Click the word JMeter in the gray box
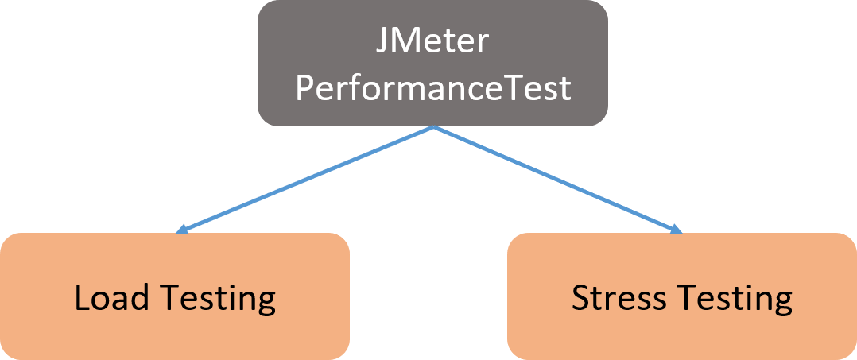click(x=432, y=41)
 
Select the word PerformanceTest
click(x=433, y=87)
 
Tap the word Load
click(x=111, y=298)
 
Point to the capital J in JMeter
click(x=382, y=41)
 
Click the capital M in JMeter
click(x=405, y=41)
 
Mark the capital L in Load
click(x=81, y=298)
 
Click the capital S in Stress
click(x=580, y=298)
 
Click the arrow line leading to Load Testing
click(x=306, y=180)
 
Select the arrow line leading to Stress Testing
click(x=556, y=180)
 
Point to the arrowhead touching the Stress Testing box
click(x=677, y=231)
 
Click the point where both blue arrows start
click(x=433, y=126)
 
